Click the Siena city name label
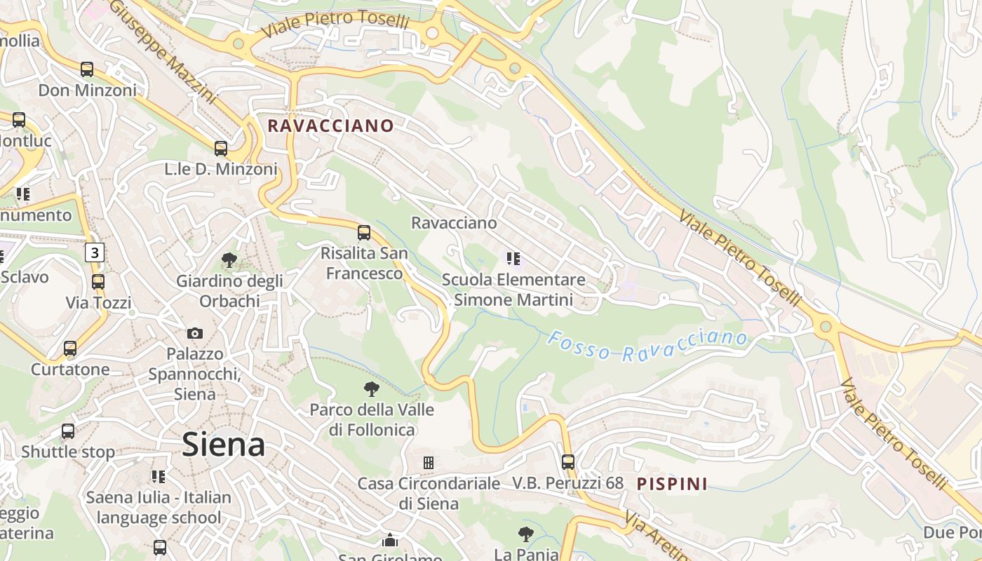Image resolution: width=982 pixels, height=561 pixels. [x=224, y=445]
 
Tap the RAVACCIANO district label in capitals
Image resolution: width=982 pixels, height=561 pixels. [x=331, y=126]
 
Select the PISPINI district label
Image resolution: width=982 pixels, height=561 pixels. [x=672, y=483]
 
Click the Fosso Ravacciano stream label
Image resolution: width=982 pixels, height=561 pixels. [x=647, y=346]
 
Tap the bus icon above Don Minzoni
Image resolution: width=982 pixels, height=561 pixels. [x=87, y=69]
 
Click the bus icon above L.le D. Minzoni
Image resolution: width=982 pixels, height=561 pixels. [x=221, y=149]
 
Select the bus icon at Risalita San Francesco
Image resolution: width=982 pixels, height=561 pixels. [x=364, y=233]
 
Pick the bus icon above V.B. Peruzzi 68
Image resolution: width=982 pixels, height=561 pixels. [x=568, y=462]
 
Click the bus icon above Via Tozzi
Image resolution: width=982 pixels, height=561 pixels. [x=98, y=282]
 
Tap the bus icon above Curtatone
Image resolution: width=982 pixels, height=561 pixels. [x=70, y=349]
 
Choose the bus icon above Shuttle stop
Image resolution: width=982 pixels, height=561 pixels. [x=68, y=431]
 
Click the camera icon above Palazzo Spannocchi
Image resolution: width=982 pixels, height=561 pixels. [x=195, y=333]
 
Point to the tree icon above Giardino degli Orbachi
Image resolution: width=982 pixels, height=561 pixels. [x=229, y=260]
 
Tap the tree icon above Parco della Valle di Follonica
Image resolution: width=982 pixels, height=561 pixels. [x=372, y=388]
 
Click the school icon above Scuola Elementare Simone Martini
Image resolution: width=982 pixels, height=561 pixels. [x=513, y=259]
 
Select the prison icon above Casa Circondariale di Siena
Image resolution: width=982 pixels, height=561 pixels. [x=428, y=463]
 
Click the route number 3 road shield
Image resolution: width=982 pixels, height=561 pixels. [x=95, y=252]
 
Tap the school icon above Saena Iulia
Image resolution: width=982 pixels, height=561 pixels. [x=159, y=477]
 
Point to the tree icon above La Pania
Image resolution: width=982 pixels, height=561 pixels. [x=526, y=534]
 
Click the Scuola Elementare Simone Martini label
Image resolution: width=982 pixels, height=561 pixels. [x=513, y=290]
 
